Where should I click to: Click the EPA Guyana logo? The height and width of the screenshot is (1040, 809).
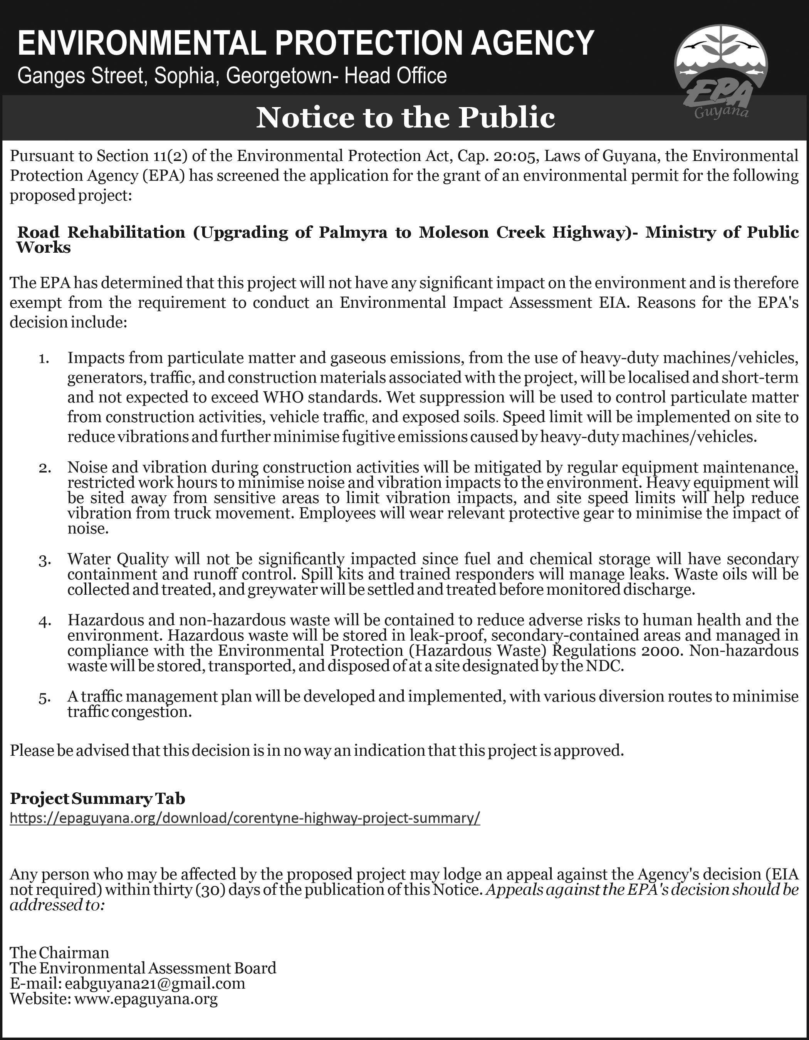tap(720, 76)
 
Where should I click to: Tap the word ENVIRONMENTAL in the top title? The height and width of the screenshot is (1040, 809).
tap(142, 43)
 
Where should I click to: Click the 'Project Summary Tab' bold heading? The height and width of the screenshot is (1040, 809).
tap(97, 798)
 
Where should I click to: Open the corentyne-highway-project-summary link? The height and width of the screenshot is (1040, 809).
tap(245, 818)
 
